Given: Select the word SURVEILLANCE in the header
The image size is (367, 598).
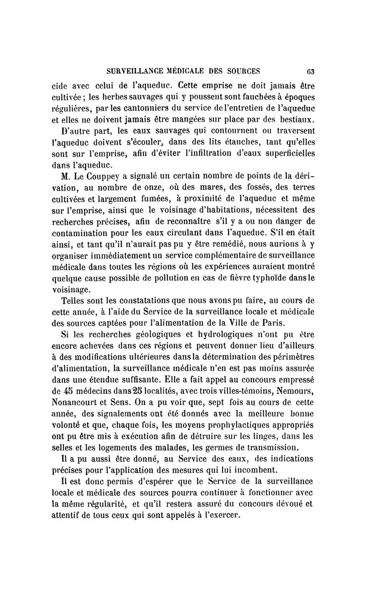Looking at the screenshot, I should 132,71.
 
